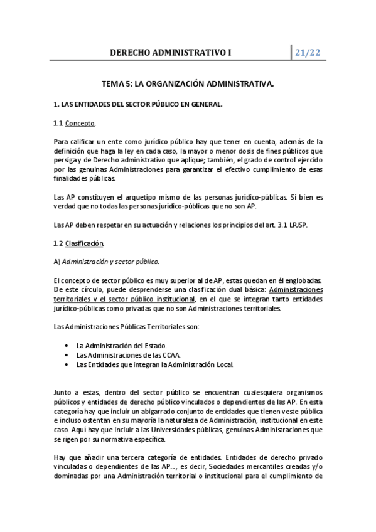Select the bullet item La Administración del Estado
121,345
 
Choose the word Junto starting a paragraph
64,392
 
